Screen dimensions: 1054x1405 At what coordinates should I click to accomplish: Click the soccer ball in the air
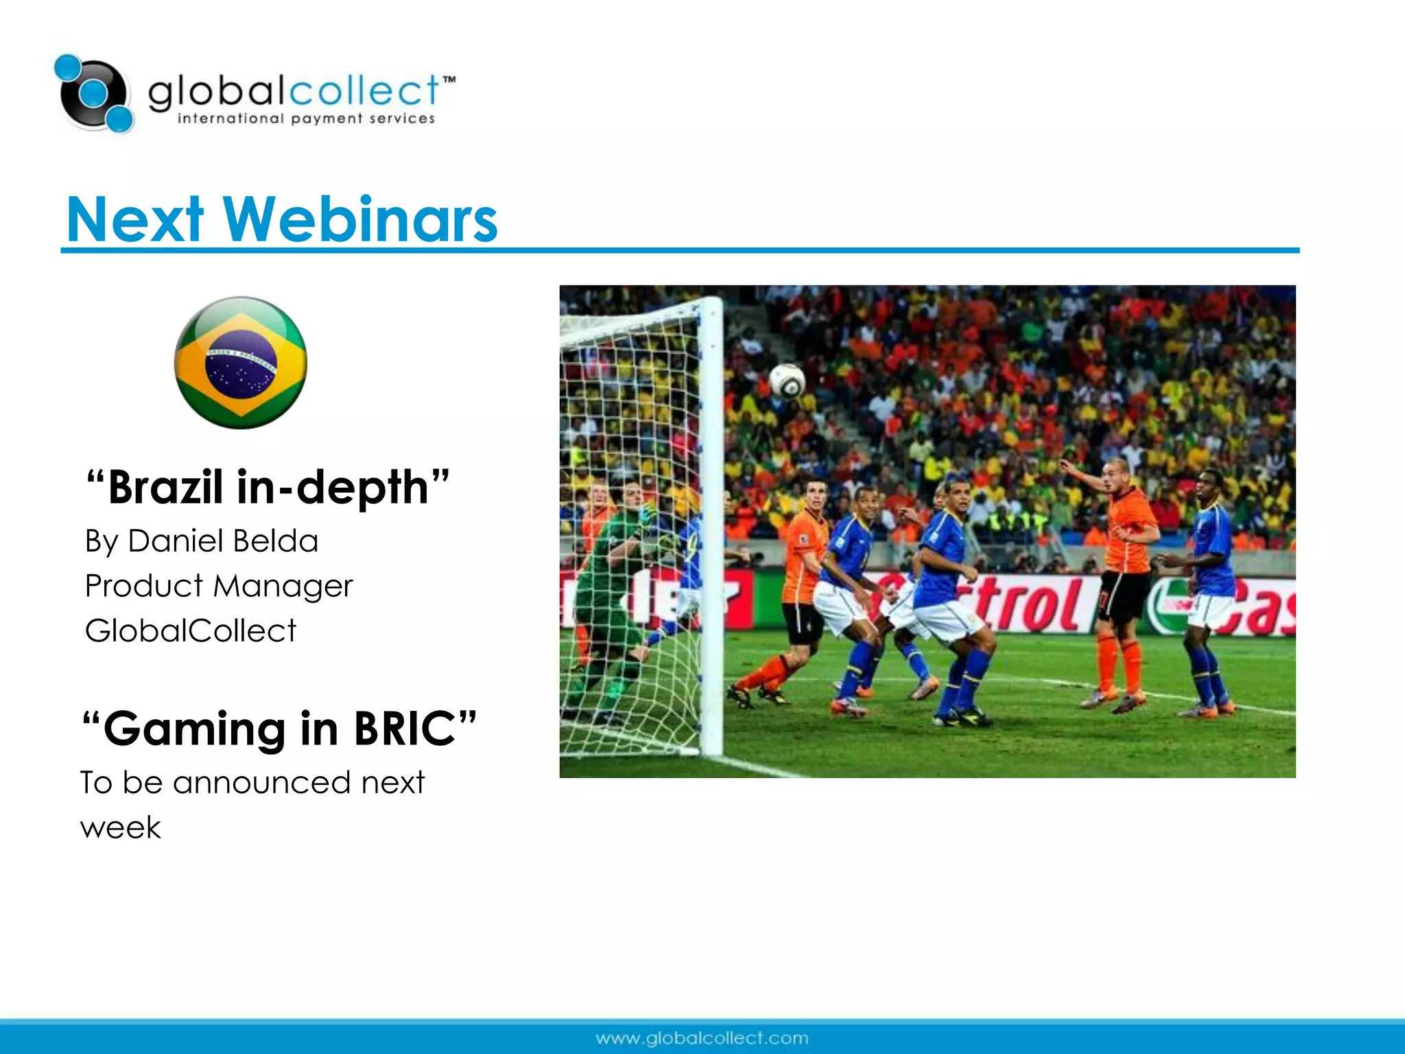pyautogui.click(x=788, y=381)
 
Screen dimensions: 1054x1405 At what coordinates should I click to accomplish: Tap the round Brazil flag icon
pyautogui.click(x=241, y=363)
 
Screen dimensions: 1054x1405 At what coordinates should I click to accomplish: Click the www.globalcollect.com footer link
pyautogui.click(x=702, y=1038)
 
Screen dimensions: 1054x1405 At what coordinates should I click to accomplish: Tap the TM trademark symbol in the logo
pyautogui.click(x=449, y=80)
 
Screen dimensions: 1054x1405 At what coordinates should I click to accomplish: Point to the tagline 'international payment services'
pyautogui.click(x=306, y=119)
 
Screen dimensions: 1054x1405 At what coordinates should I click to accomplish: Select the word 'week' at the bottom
pyautogui.click(x=121, y=828)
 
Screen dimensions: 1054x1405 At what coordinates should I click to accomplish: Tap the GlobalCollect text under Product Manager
pyautogui.click(x=191, y=631)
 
